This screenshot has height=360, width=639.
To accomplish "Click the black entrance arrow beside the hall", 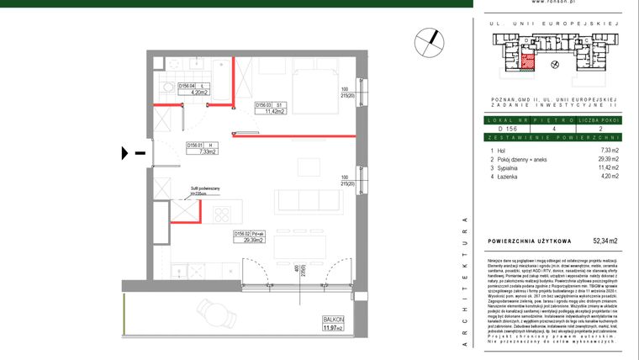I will [x=126, y=153].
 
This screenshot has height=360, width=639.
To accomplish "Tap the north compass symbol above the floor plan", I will [x=428, y=40].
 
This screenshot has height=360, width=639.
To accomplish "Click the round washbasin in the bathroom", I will [x=167, y=87].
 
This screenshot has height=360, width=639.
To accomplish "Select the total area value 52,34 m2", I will [x=603, y=241].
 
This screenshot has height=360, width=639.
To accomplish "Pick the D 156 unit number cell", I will [x=507, y=130].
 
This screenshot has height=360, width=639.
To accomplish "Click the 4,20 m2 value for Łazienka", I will [x=607, y=177].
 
